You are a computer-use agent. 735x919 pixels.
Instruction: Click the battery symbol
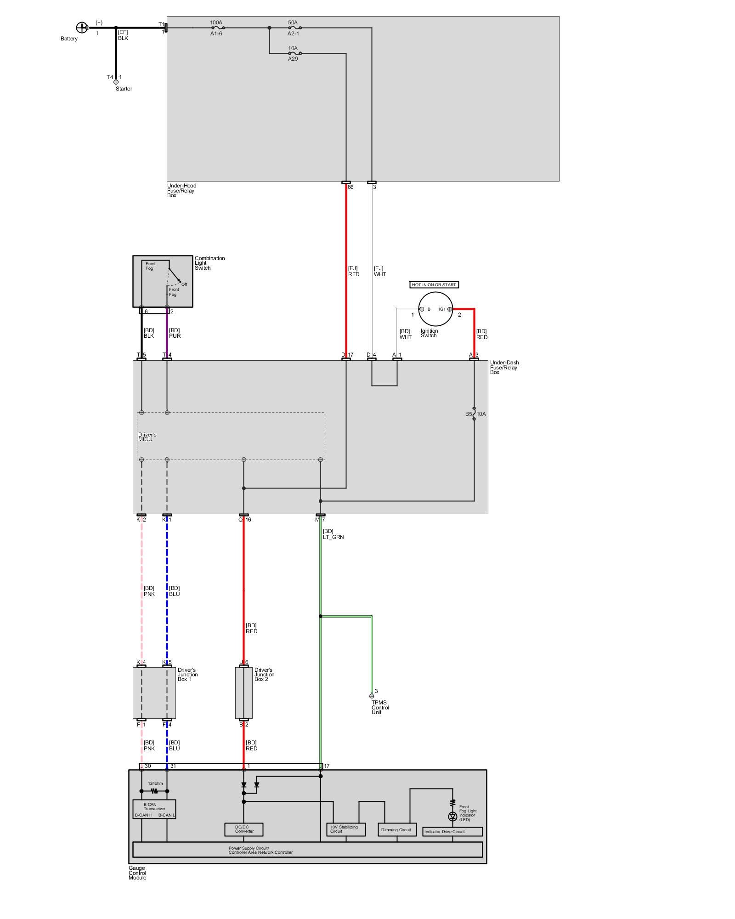tap(81, 28)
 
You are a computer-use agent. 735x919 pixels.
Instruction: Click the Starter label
tap(124, 89)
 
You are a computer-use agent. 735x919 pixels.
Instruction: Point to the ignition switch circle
tap(435, 309)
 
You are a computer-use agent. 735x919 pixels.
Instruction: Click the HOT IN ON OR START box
tap(434, 285)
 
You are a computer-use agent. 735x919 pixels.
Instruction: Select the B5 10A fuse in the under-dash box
tap(474, 414)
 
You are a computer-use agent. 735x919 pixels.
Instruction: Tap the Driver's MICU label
tap(147, 437)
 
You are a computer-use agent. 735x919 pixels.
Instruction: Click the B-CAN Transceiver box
tap(154, 809)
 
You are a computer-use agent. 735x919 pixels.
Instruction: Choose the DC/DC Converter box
tap(244, 829)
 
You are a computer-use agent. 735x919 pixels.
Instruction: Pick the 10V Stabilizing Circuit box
tap(345, 829)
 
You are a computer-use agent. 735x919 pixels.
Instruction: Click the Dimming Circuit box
tap(396, 829)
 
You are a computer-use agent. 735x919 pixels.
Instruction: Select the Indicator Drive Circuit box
tap(452, 832)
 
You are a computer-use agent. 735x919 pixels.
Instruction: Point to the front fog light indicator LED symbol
tap(452, 816)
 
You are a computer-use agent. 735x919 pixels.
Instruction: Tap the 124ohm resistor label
tap(155, 783)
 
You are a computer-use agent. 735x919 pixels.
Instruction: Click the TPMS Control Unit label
tap(380, 708)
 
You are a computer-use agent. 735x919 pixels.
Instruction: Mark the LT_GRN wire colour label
tap(333, 537)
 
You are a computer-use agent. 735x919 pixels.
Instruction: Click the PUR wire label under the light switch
tap(175, 336)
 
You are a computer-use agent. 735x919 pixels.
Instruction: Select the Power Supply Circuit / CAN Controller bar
tap(307, 850)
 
